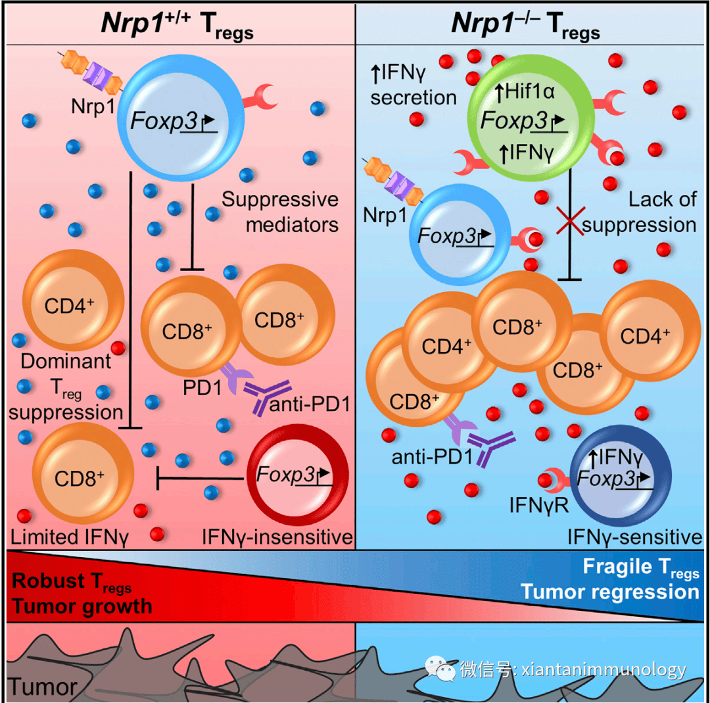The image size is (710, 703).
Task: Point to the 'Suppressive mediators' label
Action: click(280, 212)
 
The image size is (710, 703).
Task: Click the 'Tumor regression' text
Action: click(610, 592)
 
